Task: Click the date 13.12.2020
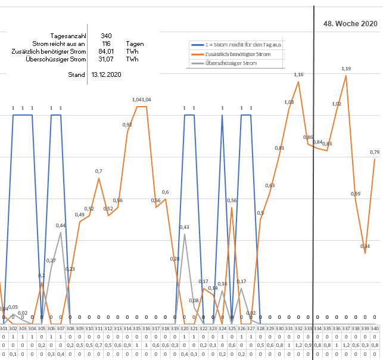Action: tap(106, 75)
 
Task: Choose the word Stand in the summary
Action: tap(77, 75)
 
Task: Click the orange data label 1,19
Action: tap(346, 69)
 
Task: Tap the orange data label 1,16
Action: tap(298, 75)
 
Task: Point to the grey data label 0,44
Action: tap(61, 225)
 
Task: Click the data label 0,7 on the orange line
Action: tap(99, 171)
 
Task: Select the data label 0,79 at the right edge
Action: tap(375, 153)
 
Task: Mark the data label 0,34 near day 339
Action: tap(365, 246)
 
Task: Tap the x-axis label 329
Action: tap(270, 328)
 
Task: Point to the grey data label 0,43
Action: tap(184, 227)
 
